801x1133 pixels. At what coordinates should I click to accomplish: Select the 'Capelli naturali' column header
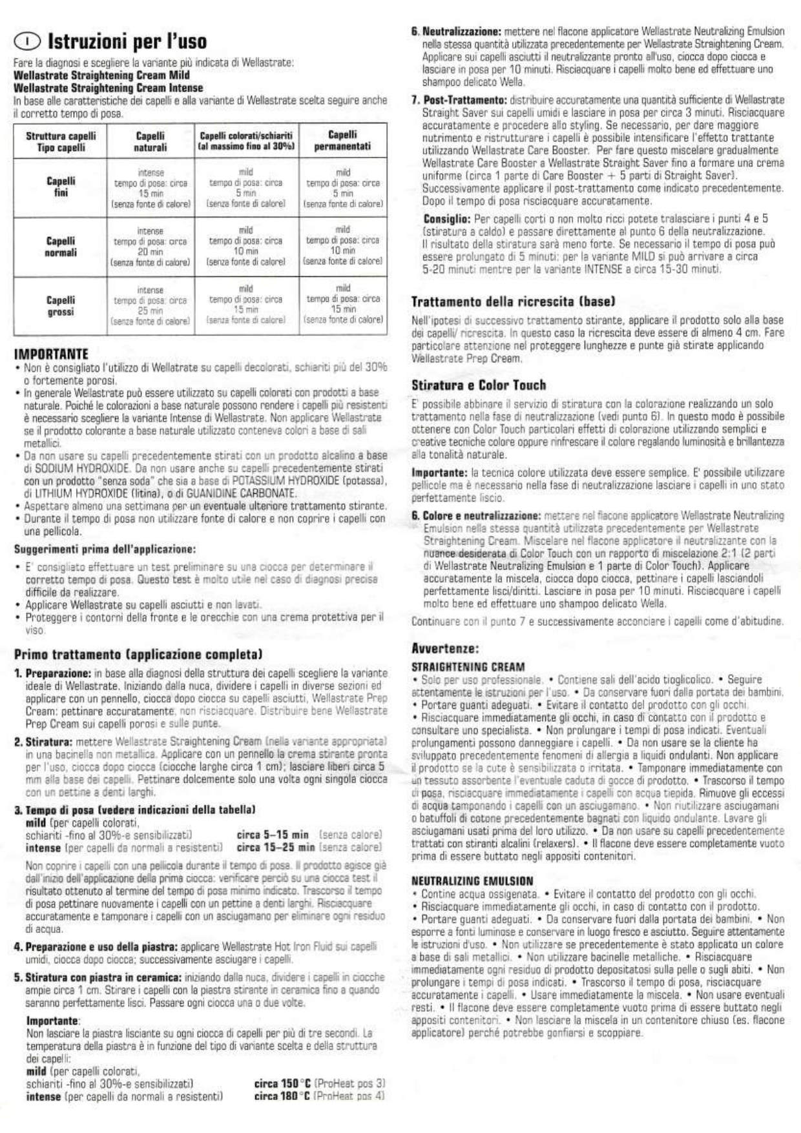[x=150, y=141]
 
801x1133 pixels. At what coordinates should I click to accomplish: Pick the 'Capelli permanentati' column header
[x=342, y=141]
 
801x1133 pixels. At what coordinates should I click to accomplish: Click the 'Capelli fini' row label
[x=61, y=187]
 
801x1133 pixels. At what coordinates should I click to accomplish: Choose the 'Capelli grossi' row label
[x=61, y=306]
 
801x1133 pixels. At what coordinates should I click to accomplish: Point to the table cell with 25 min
[x=151, y=305]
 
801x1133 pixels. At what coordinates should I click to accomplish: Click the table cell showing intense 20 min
[x=151, y=246]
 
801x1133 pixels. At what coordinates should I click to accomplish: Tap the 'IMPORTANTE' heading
[x=51, y=354]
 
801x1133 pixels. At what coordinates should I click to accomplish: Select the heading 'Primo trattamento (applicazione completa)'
[x=138, y=655]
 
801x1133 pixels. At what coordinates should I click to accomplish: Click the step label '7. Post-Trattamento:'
[x=459, y=100]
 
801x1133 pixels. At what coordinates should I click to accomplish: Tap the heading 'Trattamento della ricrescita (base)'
[x=513, y=301]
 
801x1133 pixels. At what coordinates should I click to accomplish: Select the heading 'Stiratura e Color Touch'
[x=479, y=385]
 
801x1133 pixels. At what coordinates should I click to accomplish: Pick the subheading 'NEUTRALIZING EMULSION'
[x=472, y=881]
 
